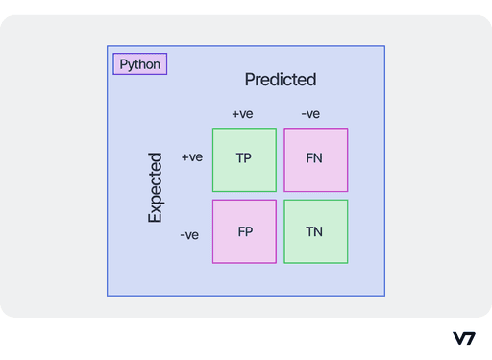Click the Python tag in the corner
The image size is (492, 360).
(140, 64)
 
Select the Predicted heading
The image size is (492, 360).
(280, 80)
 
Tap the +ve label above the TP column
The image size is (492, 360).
(242, 114)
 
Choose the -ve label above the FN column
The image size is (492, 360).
(309, 114)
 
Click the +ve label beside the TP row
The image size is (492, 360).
(192, 157)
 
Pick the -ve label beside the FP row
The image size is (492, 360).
(189, 234)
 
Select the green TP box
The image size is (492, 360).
(244, 159)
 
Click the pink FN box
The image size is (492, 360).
(315, 159)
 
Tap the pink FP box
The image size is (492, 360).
(244, 231)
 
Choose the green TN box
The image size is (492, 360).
(315, 231)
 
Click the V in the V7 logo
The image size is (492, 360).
(458, 338)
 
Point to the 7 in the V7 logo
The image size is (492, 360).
(470, 338)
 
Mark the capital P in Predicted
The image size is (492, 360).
(250, 80)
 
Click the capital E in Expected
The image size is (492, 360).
(155, 217)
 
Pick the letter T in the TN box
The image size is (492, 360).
(309, 231)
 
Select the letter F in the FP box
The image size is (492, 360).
(240, 231)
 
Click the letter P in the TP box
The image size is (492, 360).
(248, 157)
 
